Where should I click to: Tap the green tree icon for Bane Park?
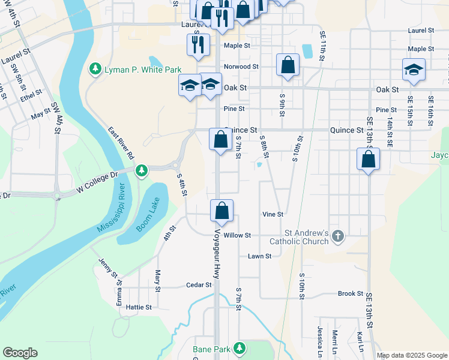click(240, 348)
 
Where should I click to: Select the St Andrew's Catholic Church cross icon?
click(337, 236)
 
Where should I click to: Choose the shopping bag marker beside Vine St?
click(221, 211)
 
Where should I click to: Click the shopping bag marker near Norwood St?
click(288, 65)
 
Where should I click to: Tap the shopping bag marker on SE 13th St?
click(368, 160)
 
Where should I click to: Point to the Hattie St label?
click(139, 307)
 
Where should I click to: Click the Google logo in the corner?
click(20, 353)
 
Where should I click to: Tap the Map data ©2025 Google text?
click(412, 355)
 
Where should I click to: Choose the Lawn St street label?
click(260, 256)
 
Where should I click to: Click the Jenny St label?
click(108, 268)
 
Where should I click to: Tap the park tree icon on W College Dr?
click(141, 172)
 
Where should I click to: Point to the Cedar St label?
click(199, 285)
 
